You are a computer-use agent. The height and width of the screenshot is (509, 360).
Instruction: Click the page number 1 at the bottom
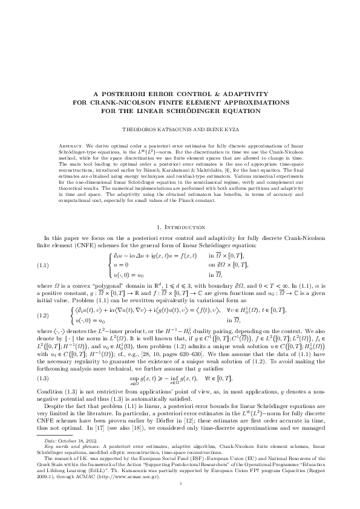[180, 484]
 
